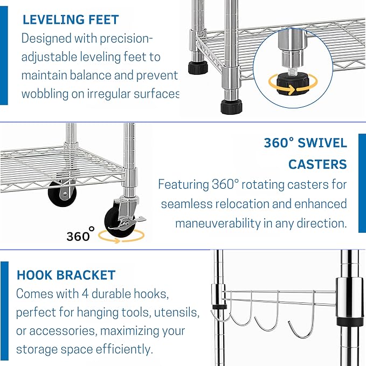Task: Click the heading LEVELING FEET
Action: [x=71, y=19]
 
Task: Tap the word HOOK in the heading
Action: [x=34, y=275]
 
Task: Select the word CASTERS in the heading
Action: [x=317, y=164]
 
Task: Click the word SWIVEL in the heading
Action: [x=322, y=143]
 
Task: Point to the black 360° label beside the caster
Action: [x=80, y=234]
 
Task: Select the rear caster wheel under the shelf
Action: [x=62, y=194]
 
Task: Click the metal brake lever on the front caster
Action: [x=135, y=219]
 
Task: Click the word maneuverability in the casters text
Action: [x=218, y=223]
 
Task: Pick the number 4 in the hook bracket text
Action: [x=85, y=294]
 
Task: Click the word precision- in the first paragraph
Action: [x=126, y=38]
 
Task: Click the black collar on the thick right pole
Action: [x=350, y=321]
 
